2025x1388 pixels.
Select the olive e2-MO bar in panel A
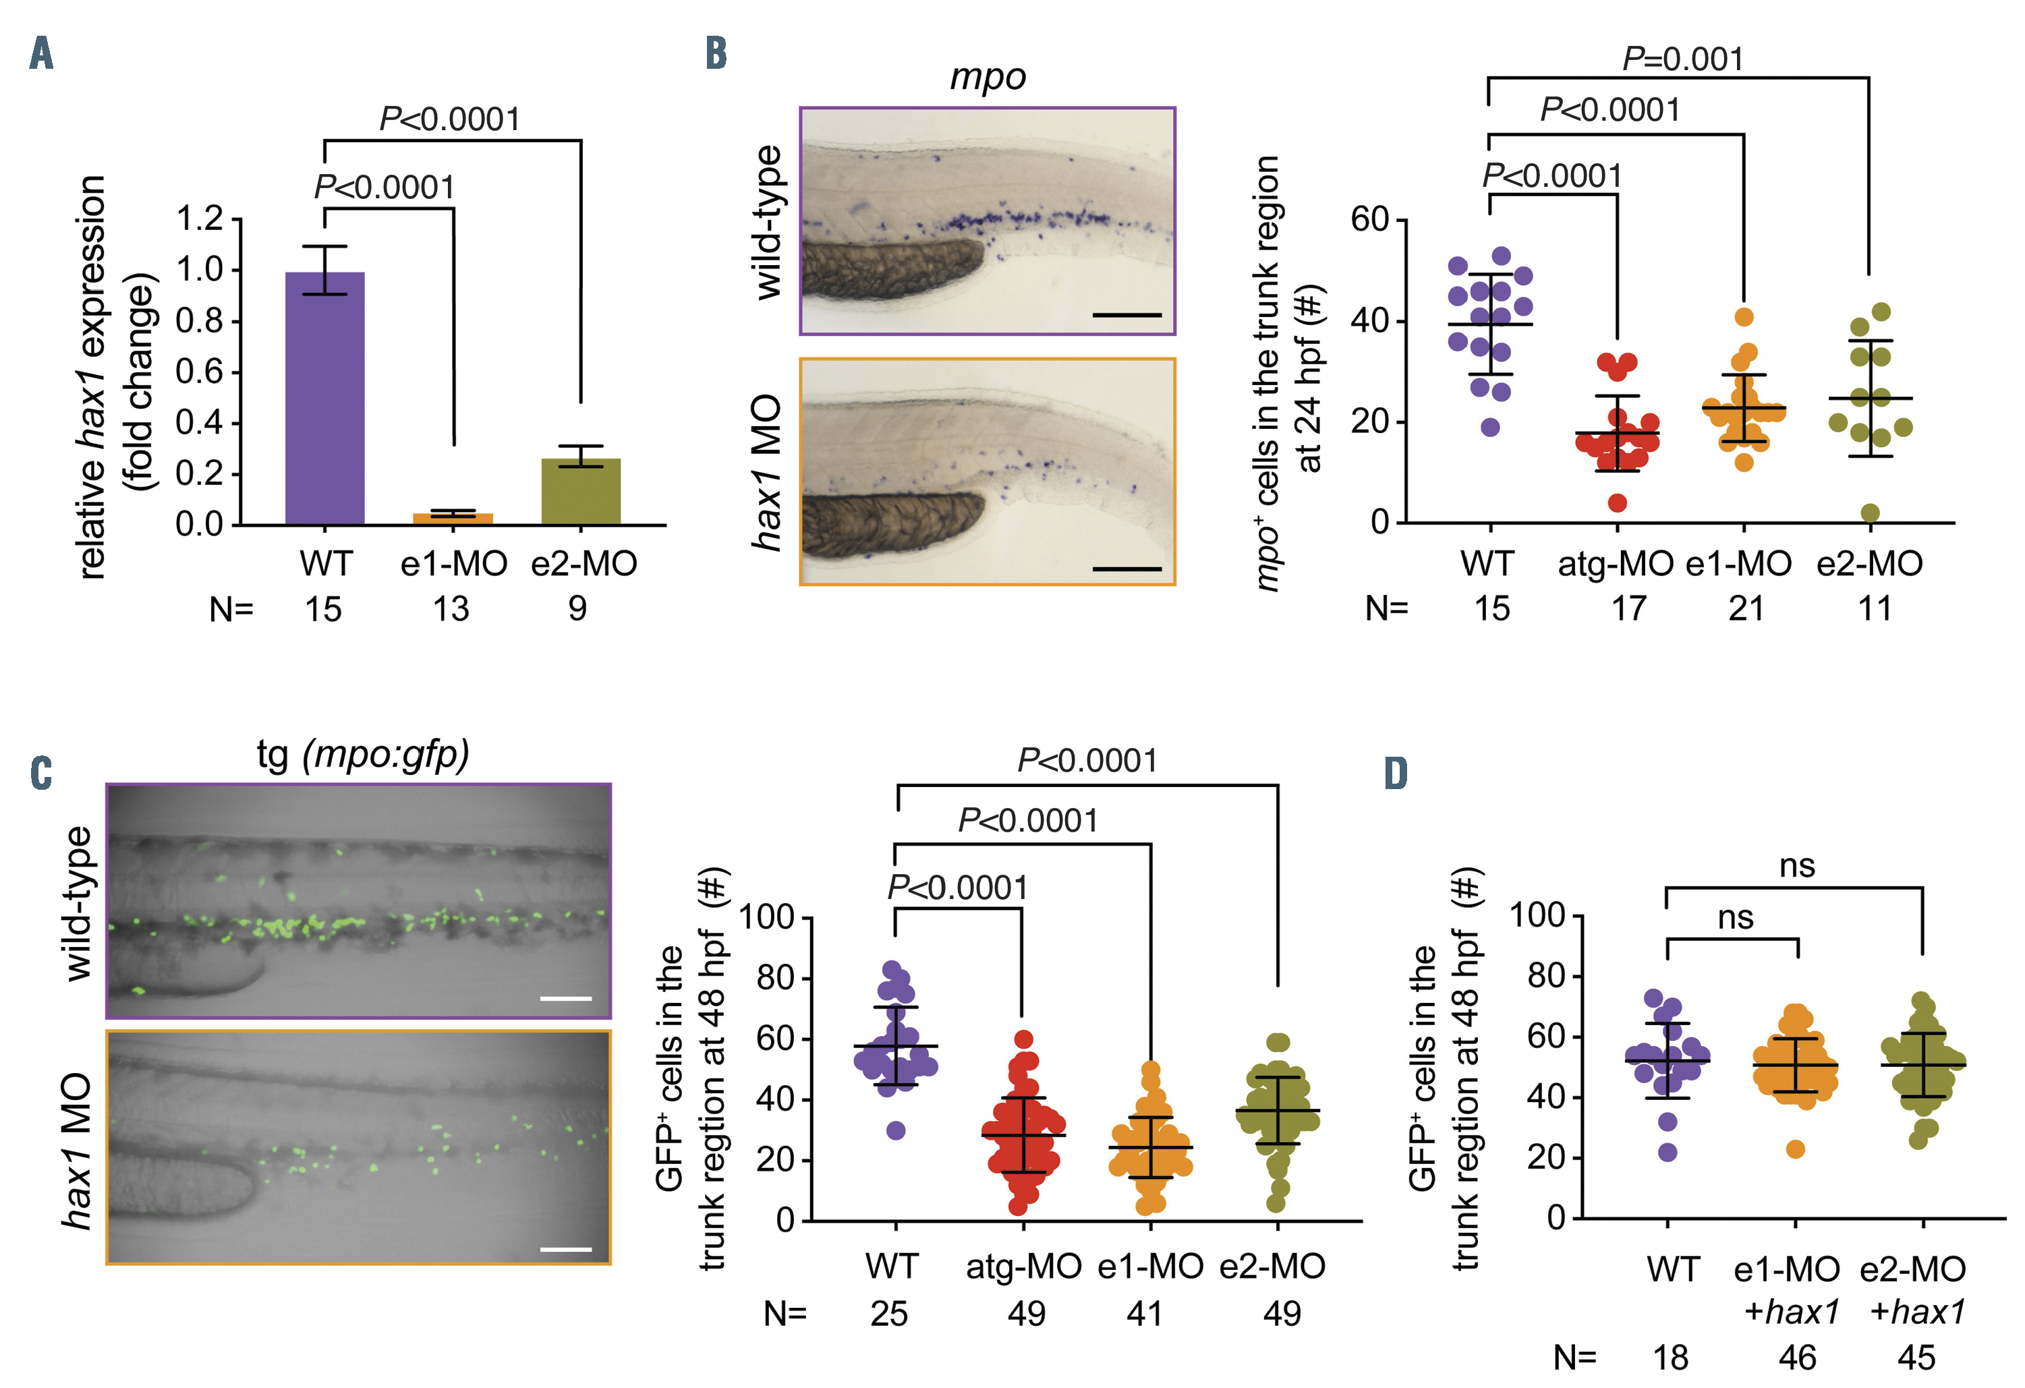pyautogui.click(x=580, y=492)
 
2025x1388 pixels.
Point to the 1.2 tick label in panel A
pyautogui.click(x=199, y=218)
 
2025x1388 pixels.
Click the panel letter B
pyautogui.click(x=716, y=53)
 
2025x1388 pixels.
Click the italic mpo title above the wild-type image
pyautogui.click(x=988, y=77)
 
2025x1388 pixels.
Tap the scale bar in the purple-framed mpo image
pyautogui.click(x=1126, y=314)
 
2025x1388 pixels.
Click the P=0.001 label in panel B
pyautogui.click(x=1682, y=59)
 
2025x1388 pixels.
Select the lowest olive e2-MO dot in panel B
pyautogui.click(x=1870, y=513)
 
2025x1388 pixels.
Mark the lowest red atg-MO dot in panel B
pyautogui.click(x=1617, y=502)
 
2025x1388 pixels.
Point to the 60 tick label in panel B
pyautogui.click(x=1369, y=220)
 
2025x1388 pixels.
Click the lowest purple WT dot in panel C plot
pyautogui.click(x=896, y=1131)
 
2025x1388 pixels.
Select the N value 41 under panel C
pyautogui.click(x=1144, y=1314)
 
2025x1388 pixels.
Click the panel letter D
pyautogui.click(x=1395, y=773)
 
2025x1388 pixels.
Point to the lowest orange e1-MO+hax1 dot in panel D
pyautogui.click(x=1795, y=1149)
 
